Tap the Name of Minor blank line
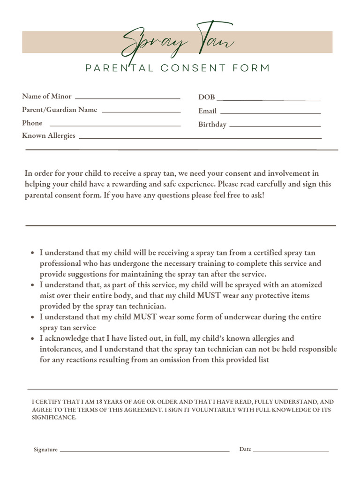(x=127, y=98)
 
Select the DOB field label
(x=206, y=97)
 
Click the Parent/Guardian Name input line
(x=141, y=112)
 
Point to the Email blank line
(x=270, y=113)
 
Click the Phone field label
(x=32, y=123)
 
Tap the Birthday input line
(x=275, y=127)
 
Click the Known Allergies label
(x=48, y=136)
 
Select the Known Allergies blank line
(x=200, y=138)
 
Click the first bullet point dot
(x=32, y=253)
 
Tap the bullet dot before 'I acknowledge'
(x=32, y=338)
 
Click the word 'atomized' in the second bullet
(x=306, y=285)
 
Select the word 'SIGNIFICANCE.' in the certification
(x=53, y=417)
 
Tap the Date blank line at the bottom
(x=291, y=451)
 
